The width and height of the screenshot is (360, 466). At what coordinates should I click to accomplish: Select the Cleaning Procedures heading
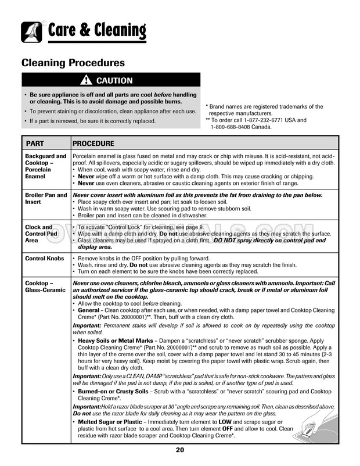point(73,62)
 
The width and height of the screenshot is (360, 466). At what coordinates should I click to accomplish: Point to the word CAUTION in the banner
point(114,81)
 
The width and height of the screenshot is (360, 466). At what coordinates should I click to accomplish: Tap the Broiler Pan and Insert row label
point(45,199)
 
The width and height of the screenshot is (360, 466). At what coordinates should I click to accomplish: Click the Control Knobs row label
point(45,257)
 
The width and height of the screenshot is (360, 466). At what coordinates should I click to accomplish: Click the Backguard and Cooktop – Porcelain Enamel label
point(45,166)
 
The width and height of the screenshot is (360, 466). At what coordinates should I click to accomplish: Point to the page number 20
point(180,451)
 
